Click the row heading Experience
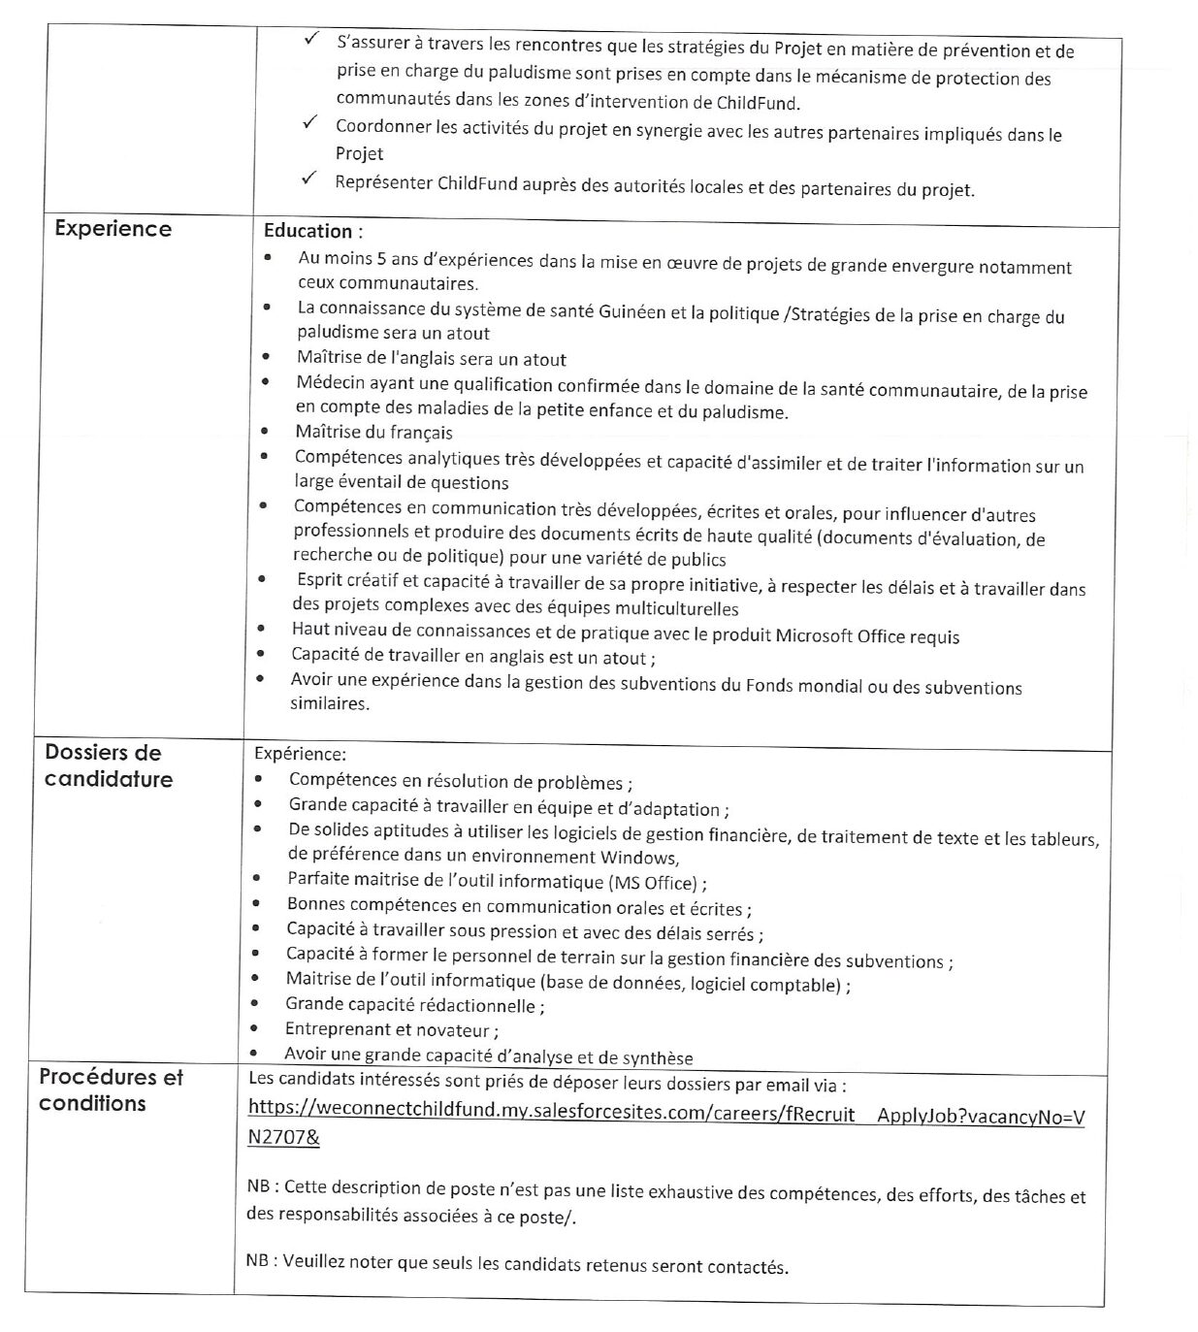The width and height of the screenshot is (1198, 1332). pyautogui.click(x=113, y=229)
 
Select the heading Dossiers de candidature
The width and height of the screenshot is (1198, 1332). pyautogui.click(x=107, y=765)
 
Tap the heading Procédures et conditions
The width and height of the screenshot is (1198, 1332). pyautogui.click(x=110, y=1089)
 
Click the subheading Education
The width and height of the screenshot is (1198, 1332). pyautogui.click(x=312, y=231)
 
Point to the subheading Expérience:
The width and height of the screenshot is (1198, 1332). pyautogui.click(x=300, y=754)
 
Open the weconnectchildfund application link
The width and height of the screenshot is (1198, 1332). pyautogui.click(x=665, y=1114)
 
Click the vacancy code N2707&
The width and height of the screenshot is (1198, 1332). pyautogui.click(x=283, y=1138)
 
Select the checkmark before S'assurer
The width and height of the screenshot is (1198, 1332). pyautogui.click(x=311, y=40)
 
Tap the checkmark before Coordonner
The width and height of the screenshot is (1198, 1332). pyautogui.click(x=310, y=123)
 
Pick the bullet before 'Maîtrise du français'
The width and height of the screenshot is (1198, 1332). pyautogui.click(x=265, y=432)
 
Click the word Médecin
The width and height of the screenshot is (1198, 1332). pyautogui.click(x=330, y=383)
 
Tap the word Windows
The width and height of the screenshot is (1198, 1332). pyautogui.click(x=637, y=858)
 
